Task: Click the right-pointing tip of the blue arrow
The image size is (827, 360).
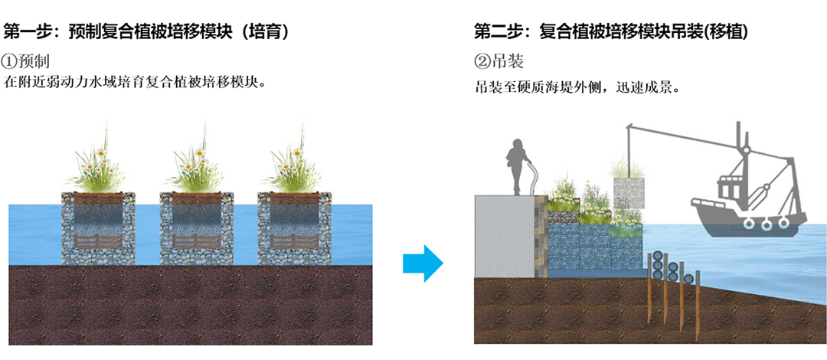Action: point(443,263)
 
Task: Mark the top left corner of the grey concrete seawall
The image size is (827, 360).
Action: point(475,195)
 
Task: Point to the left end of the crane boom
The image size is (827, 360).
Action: point(626,126)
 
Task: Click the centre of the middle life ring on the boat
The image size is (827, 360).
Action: point(765,224)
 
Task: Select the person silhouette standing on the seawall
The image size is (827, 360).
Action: point(518,167)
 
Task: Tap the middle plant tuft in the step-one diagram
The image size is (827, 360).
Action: point(196,161)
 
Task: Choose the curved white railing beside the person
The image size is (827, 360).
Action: point(532,179)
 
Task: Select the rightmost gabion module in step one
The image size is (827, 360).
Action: point(294,228)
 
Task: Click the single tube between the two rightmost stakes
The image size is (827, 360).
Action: point(689,277)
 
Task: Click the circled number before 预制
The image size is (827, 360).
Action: point(11,62)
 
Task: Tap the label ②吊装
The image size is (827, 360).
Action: point(498,62)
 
